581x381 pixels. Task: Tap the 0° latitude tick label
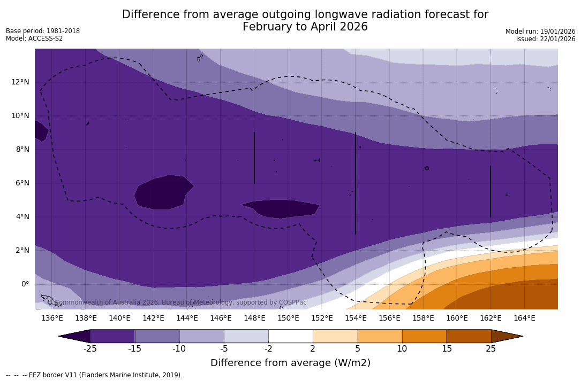click(25, 284)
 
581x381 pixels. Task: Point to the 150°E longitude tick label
click(288, 318)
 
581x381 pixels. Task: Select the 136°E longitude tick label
click(52, 318)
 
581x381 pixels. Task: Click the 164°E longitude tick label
click(524, 318)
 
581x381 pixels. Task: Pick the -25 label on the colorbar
click(90, 349)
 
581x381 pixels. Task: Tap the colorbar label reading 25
click(491, 349)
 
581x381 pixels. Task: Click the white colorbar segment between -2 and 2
click(290, 336)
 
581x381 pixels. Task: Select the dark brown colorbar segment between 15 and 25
click(469, 336)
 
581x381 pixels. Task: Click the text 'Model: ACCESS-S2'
click(34, 38)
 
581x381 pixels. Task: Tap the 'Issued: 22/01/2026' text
click(546, 39)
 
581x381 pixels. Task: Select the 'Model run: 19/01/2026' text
click(540, 32)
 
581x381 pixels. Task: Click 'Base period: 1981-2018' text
click(43, 31)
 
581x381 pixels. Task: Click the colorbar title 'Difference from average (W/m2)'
click(290, 363)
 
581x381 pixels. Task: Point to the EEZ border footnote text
click(94, 375)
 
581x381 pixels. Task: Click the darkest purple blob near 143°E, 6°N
click(163, 192)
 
